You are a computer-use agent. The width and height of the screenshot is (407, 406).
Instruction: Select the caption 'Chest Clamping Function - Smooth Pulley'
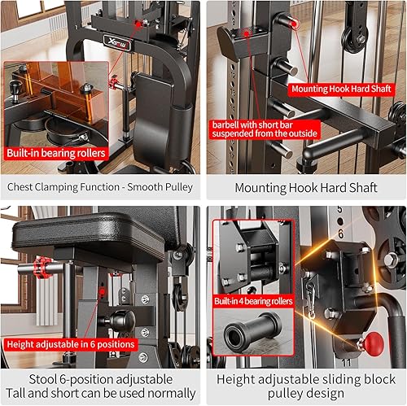click(100, 187)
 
